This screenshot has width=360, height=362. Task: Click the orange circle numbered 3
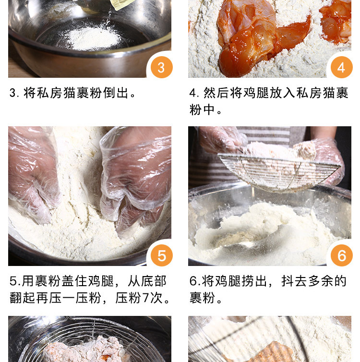(162, 67)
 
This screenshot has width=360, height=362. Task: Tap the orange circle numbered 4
(342, 67)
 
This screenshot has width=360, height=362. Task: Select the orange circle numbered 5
(162, 255)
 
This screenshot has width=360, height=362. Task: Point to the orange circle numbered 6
(342, 255)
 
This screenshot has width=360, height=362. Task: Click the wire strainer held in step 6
(279, 172)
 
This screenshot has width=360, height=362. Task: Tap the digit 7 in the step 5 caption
(145, 298)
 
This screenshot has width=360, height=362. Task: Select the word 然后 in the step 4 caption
(216, 93)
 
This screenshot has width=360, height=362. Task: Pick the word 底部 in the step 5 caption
(154, 281)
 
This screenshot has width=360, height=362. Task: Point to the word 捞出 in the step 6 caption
(254, 281)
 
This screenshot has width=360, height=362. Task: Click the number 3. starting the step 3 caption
(15, 93)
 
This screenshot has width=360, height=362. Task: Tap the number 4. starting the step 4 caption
(195, 93)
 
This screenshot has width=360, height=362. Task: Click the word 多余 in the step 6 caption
(321, 281)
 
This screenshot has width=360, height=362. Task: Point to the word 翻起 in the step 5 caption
(23, 298)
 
